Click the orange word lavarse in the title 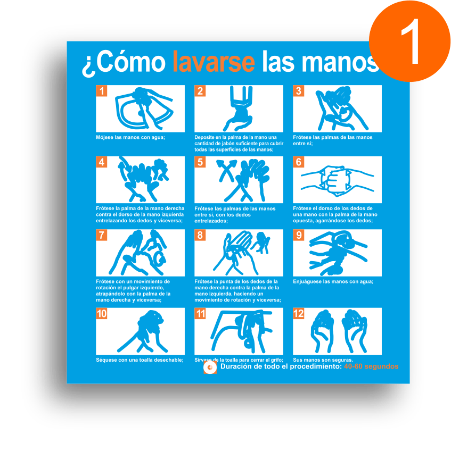pyautogui.click(x=214, y=62)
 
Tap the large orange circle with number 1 pyautogui.click(x=409, y=41)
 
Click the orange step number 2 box pyautogui.click(x=200, y=91)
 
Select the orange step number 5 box pyautogui.click(x=200, y=162)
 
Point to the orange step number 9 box pyautogui.click(x=298, y=235)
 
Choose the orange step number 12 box pyautogui.click(x=298, y=313)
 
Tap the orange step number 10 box pyautogui.click(x=102, y=313)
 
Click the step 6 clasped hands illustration pyautogui.click(x=337, y=181)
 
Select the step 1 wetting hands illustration pyautogui.click(x=144, y=108)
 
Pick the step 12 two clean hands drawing pyautogui.click(x=339, y=331)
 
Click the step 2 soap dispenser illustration pyautogui.click(x=239, y=108)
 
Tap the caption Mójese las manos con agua pyautogui.click(x=130, y=138)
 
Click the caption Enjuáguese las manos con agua pyautogui.click(x=333, y=281)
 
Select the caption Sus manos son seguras pyautogui.click(x=323, y=360)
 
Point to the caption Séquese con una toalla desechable pyautogui.click(x=140, y=360)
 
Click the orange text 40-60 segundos pyautogui.click(x=371, y=366)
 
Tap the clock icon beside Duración pyautogui.click(x=210, y=368)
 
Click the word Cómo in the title pyautogui.click(x=130, y=62)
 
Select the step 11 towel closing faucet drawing pyautogui.click(x=241, y=331)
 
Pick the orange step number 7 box pyautogui.click(x=102, y=235)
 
